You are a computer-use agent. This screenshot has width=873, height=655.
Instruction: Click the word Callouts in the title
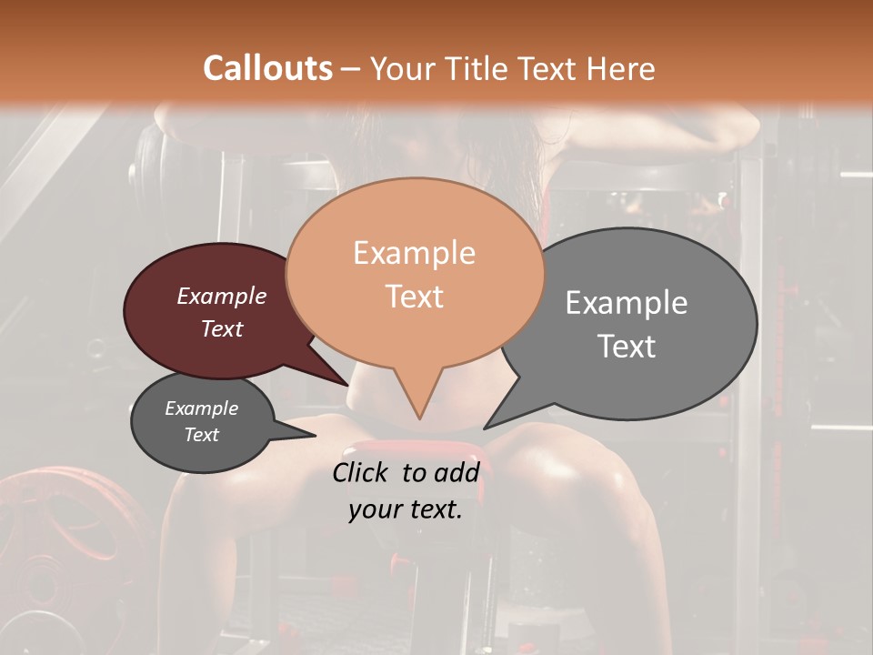coord(267,68)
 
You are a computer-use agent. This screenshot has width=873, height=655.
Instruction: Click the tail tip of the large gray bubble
coord(485,428)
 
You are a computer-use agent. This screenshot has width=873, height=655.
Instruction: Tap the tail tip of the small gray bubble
coord(315,436)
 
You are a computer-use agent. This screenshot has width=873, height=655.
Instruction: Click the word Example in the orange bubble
coord(415,253)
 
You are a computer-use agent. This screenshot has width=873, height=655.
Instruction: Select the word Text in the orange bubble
coord(415,297)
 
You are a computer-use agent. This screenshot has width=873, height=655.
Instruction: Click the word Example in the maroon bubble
coord(222,296)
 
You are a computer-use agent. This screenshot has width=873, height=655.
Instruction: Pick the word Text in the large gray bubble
coord(627,347)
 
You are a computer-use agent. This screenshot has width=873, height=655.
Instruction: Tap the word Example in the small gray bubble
coord(202,408)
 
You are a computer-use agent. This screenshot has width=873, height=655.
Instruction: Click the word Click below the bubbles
coord(362,472)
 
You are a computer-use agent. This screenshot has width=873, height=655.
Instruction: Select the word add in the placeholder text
coord(457,472)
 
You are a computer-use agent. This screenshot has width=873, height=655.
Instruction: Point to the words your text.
coord(406,510)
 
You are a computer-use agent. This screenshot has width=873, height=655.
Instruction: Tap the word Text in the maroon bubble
coord(222,328)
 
